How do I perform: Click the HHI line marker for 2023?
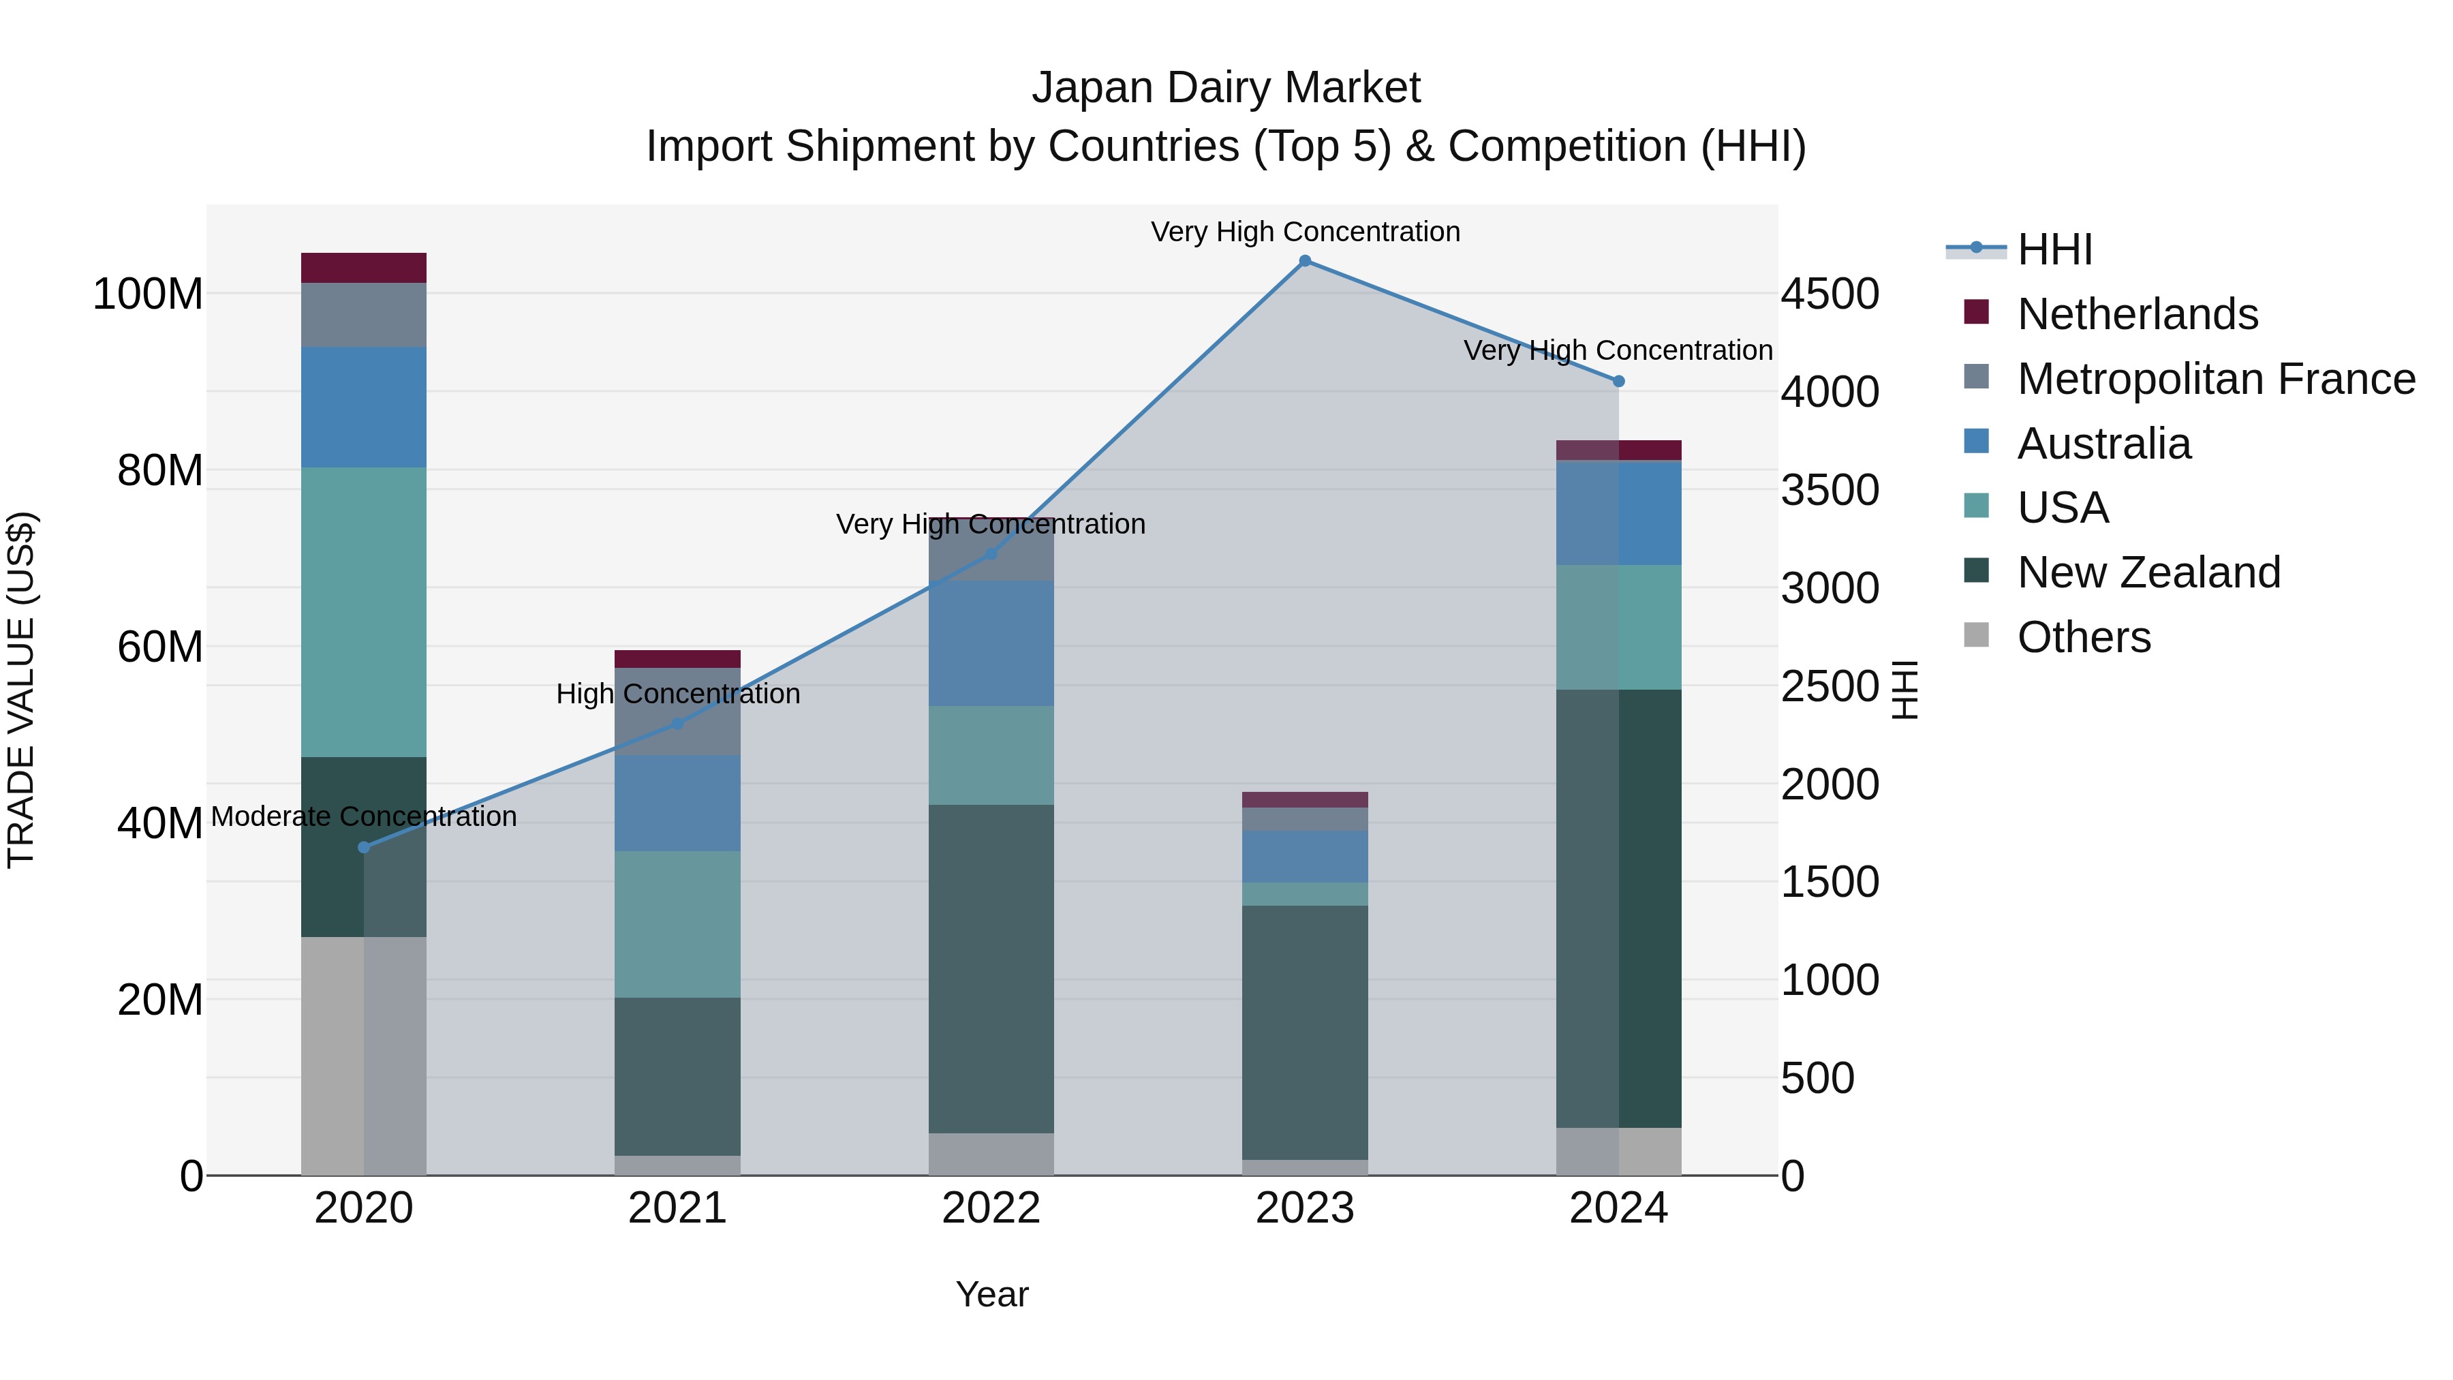pyautogui.click(x=1305, y=261)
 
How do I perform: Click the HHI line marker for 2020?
pyautogui.click(x=364, y=846)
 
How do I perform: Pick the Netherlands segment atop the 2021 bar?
pyautogui.click(x=677, y=659)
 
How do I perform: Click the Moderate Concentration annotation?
pyautogui.click(x=364, y=817)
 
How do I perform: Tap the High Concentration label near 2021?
pyautogui.click(x=677, y=694)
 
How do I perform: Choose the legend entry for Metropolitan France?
pyautogui.click(x=2215, y=379)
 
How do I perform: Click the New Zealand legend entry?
pyautogui.click(x=2148, y=572)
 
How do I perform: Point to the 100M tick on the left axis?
pyautogui.click(x=148, y=294)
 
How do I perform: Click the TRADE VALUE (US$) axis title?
pyautogui.click(x=21, y=690)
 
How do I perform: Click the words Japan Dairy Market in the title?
pyautogui.click(x=1226, y=88)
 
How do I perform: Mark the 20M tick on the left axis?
pyautogui.click(x=160, y=1000)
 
